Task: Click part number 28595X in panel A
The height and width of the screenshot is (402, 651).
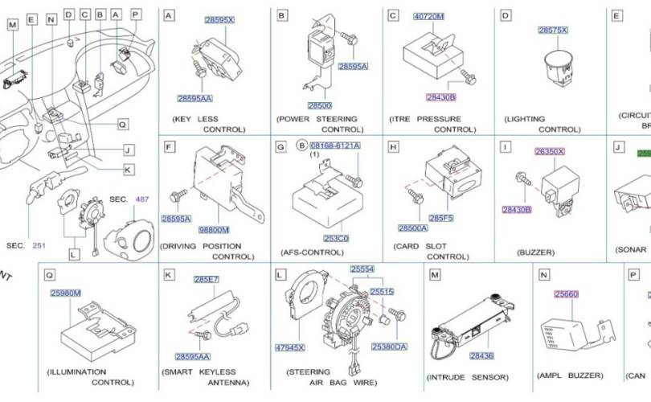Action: (219, 18)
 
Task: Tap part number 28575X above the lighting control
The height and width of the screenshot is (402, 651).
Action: (552, 30)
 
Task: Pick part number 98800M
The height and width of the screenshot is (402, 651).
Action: (214, 230)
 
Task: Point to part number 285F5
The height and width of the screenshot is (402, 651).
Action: (441, 217)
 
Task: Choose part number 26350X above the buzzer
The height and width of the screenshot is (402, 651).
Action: (550, 150)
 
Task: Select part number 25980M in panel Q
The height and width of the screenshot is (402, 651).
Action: (65, 293)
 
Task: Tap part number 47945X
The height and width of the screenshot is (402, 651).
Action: (290, 348)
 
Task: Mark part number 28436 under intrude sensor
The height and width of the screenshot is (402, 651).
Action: (481, 355)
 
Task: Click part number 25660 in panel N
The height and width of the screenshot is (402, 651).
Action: (566, 295)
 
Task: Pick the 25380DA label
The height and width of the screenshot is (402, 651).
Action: (389, 347)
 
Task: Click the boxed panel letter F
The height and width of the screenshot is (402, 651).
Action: (169, 147)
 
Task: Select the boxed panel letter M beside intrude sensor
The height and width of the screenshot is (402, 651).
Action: (435, 275)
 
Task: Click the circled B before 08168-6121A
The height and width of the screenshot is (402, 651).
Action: (301, 146)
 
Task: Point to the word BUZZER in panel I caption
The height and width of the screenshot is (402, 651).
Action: (535, 252)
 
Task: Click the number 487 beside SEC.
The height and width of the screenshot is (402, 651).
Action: (141, 199)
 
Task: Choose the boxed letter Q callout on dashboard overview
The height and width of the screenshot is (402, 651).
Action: (122, 125)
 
